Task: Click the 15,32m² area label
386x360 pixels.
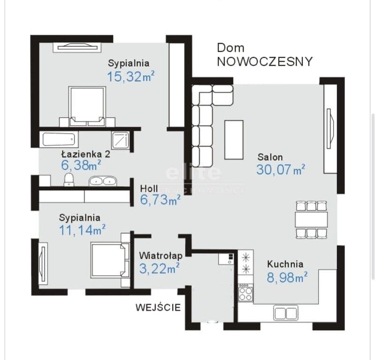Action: (x=131, y=76)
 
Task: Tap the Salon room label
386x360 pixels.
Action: (x=270, y=157)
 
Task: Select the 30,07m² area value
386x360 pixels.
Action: (x=280, y=170)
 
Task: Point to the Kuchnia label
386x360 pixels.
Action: (x=285, y=264)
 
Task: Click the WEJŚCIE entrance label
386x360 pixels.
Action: (x=158, y=307)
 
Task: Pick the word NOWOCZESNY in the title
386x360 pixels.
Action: (x=265, y=61)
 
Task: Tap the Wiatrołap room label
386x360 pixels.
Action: (x=161, y=255)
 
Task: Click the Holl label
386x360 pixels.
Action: (x=149, y=189)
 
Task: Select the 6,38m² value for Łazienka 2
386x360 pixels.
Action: (x=81, y=165)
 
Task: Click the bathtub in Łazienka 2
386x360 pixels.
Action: (x=59, y=139)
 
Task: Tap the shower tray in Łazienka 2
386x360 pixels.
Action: (x=120, y=141)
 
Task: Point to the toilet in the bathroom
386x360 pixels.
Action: (x=68, y=180)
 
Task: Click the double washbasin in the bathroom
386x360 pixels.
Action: (x=103, y=181)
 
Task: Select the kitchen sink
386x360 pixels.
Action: (x=286, y=313)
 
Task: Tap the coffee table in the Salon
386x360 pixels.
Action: (x=234, y=140)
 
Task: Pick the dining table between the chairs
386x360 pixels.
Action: (x=311, y=219)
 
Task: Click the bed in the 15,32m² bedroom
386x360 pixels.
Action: (x=87, y=106)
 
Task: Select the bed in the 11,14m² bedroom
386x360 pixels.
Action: (x=110, y=260)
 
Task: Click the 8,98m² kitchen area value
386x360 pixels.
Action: (x=287, y=277)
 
